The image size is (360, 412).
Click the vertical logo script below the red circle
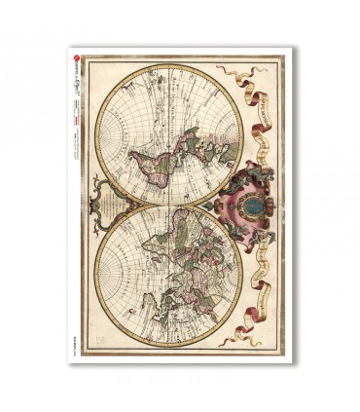click(75, 88)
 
